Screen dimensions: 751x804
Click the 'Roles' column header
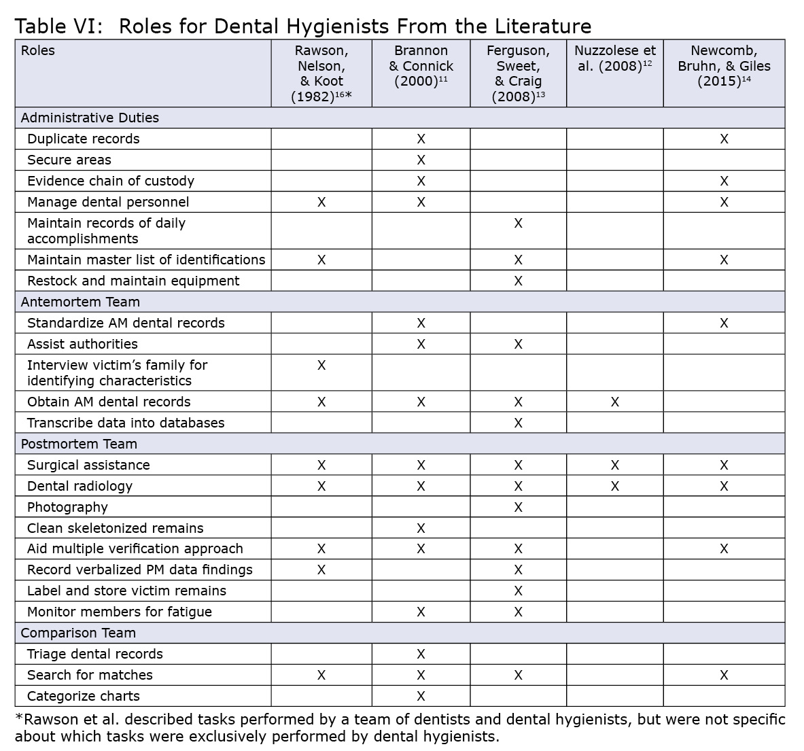click(x=38, y=51)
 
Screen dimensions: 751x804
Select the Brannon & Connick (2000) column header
click(x=421, y=66)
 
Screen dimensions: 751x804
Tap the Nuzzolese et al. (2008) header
click(x=615, y=58)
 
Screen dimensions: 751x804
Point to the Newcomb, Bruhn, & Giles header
click(x=724, y=66)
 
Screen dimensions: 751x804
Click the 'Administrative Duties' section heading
click(x=90, y=118)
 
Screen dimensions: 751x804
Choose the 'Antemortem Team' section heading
click(x=80, y=302)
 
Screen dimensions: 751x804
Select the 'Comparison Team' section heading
click(x=78, y=633)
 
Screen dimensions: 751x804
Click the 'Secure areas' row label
click(x=69, y=160)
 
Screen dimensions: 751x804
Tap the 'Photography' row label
click(x=67, y=507)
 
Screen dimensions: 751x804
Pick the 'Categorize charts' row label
click(x=84, y=696)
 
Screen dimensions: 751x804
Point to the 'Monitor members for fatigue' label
click(x=120, y=612)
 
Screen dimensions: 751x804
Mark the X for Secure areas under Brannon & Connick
click(x=421, y=160)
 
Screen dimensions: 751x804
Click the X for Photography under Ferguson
click(x=518, y=507)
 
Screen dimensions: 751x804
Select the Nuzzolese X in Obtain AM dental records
click(x=615, y=402)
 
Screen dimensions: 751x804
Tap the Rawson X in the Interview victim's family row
click(x=321, y=365)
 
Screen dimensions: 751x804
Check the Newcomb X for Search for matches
click(x=724, y=675)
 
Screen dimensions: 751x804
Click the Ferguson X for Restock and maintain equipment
click(x=518, y=281)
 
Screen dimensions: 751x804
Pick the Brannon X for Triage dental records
click(x=421, y=654)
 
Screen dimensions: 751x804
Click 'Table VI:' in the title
click(x=59, y=27)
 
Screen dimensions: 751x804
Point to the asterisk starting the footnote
click(x=18, y=718)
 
